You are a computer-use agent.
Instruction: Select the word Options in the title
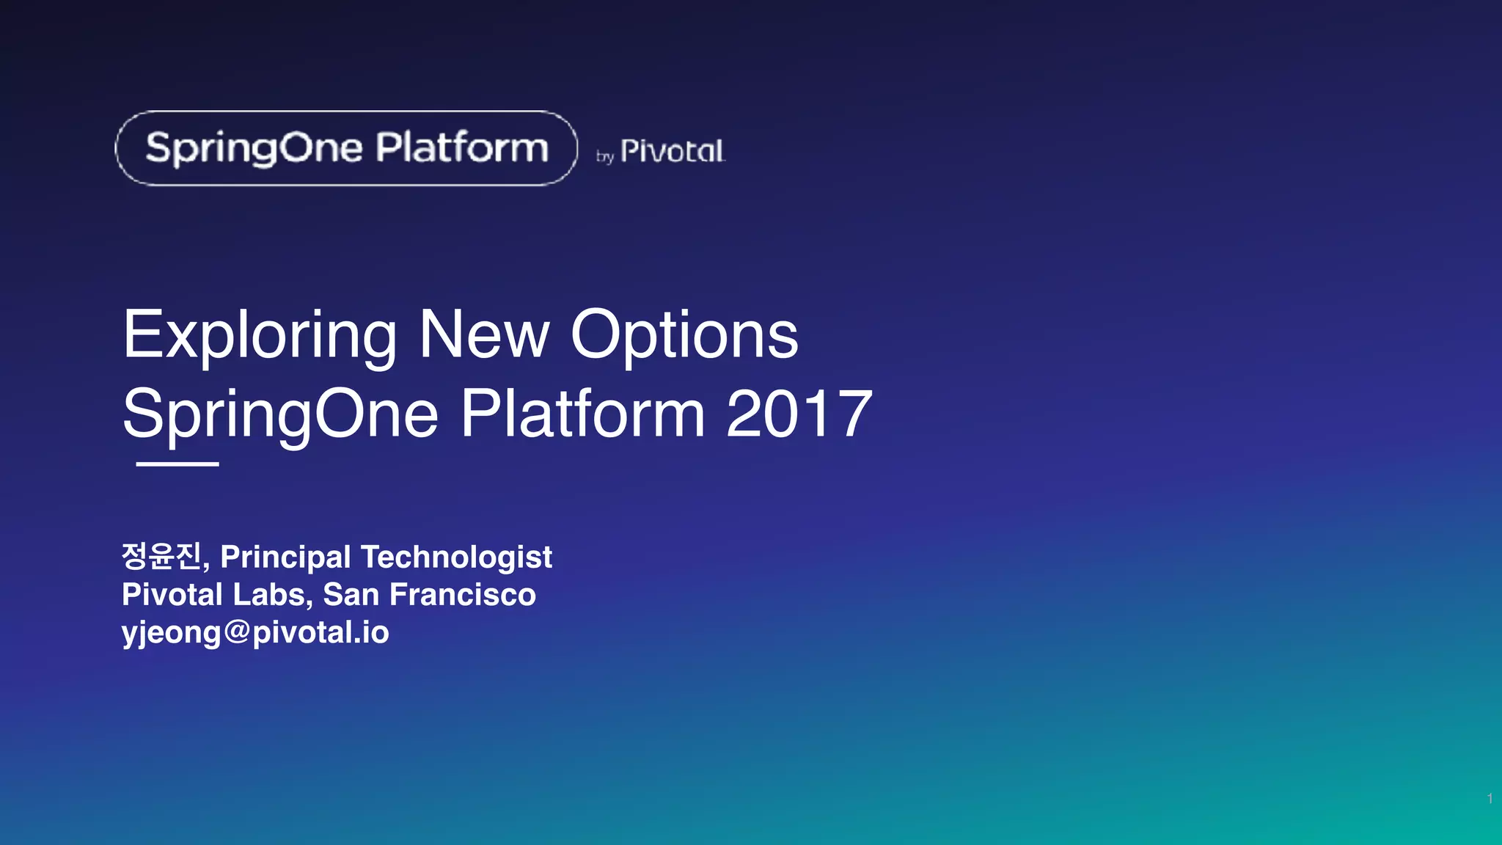click(684, 336)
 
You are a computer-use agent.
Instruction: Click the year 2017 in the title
click(799, 414)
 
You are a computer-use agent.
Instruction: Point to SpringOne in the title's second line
click(280, 416)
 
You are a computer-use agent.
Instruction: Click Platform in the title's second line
click(583, 414)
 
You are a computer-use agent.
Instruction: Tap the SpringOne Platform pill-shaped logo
click(346, 148)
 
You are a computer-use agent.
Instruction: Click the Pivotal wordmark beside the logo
click(673, 152)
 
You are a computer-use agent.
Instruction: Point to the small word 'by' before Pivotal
click(604, 156)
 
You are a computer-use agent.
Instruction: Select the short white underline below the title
click(177, 464)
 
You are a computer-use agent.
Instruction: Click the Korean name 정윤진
click(162, 556)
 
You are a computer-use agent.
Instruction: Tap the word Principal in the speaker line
click(285, 557)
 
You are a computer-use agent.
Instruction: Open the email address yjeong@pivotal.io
click(255, 632)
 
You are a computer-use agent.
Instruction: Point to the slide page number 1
click(1490, 798)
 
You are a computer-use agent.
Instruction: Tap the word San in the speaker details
click(351, 595)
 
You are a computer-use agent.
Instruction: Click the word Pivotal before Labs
click(172, 595)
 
